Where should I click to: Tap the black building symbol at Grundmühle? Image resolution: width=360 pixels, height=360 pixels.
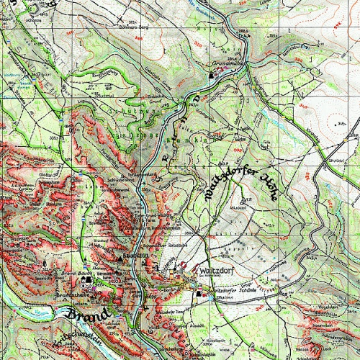211,75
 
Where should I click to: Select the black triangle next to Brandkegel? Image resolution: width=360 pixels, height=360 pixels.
119,256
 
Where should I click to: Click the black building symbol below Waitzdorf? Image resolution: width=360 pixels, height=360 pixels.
201,294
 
